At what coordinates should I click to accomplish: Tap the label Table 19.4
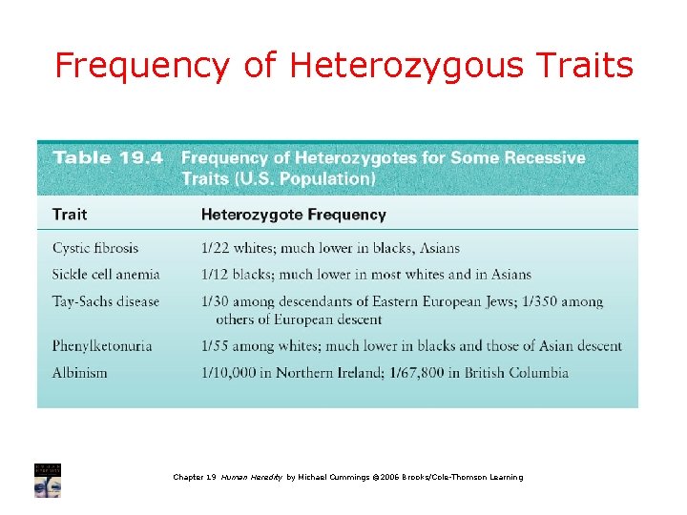point(107,157)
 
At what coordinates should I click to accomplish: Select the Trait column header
point(70,215)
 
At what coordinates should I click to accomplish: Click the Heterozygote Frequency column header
point(293,215)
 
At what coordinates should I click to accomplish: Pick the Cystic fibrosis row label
point(95,248)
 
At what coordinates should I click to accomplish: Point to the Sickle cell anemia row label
point(106,275)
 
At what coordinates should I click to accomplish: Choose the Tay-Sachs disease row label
point(106,301)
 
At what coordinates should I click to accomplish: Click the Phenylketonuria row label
point(102,345)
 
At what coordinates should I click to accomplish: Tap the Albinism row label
point(80,372)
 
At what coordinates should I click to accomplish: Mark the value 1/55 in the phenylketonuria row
point(217,345)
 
